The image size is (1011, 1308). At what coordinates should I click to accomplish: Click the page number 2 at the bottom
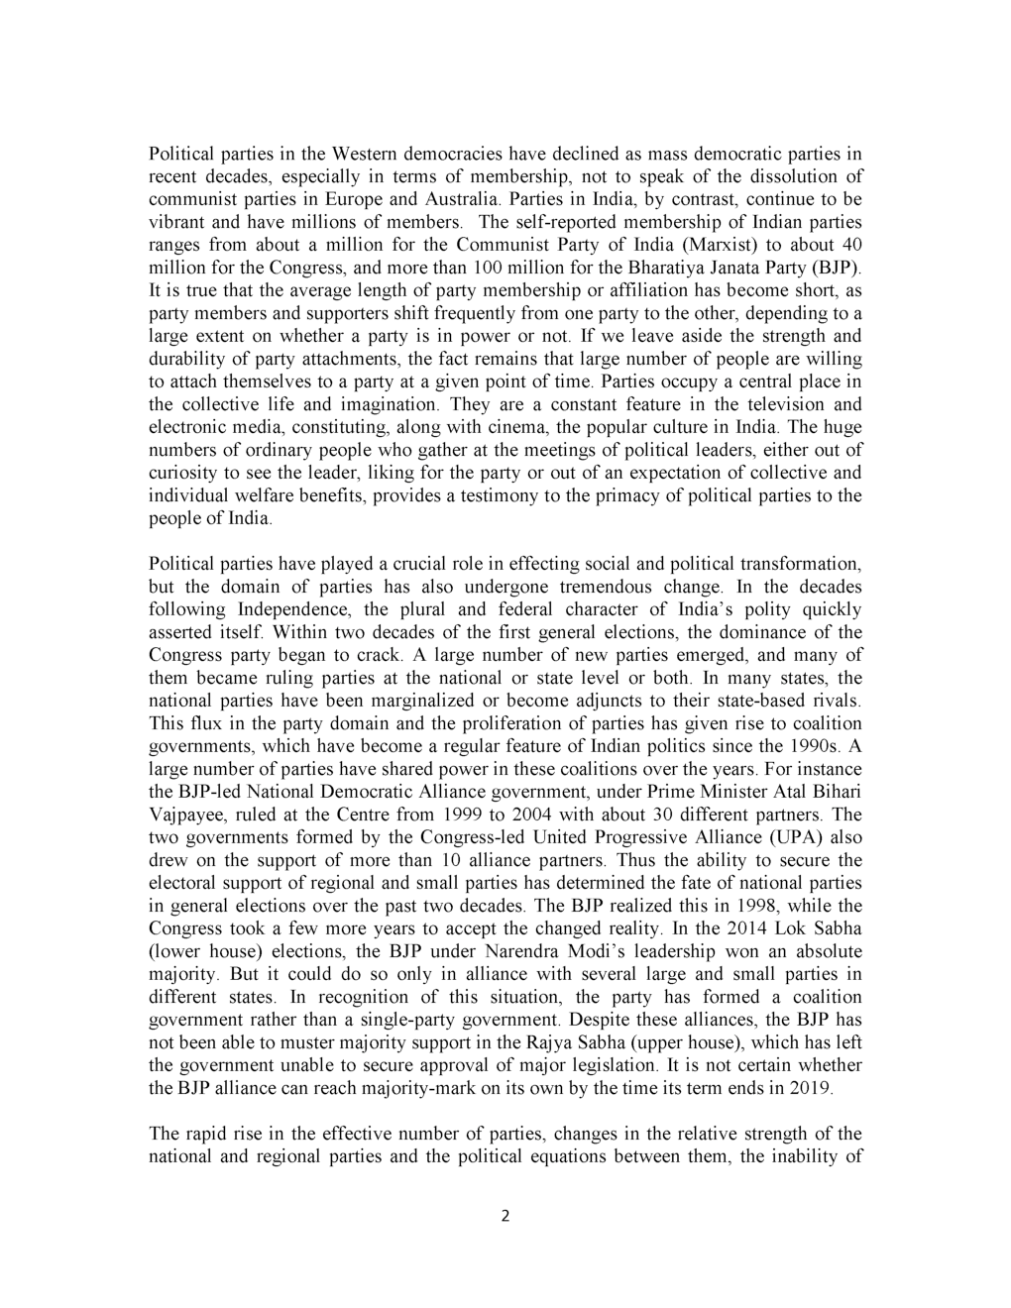pos(505,1217)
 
